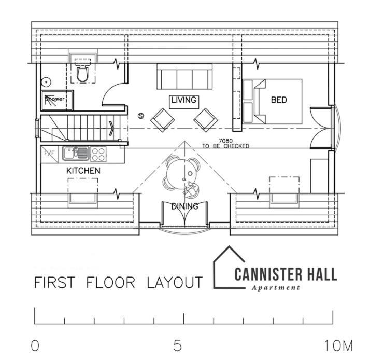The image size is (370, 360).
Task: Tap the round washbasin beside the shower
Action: pyautogui.click(x=46, y=82)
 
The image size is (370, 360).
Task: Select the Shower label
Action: pyautogui.click(x=55, y=99)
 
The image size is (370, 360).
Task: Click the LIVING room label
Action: pyautogui.click(x=184, y=100)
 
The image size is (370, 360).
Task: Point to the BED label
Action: pyautogui.click(x=279, y=100)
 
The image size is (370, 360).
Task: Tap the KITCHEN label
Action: pyautogui.click(x=83, y=171)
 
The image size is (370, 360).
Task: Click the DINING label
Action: pyautogui.click(x=185, y=206)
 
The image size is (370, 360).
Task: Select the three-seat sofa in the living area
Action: pyautogui.click(x=185, y=76)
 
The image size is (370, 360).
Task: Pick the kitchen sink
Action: pyautogui.click(x=76, y=154)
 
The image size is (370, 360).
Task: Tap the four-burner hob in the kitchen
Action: pyautogui.click(x=98, y=154)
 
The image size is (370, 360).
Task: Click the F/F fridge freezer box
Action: pyautogui.click(x=50, y=154)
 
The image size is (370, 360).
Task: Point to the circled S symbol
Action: pyautogui.click(x=141, y=116)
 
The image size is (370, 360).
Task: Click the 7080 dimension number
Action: pyautogui.click(x=225, y=141)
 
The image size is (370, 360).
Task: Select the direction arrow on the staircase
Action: pyautogui.click(x=111, y=129)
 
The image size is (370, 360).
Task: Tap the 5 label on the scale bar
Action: pyautogui.click(x=177, y=345)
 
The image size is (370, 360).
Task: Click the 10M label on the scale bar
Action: pyautogui.click(x=338, y=346)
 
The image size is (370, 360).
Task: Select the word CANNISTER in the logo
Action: pyautogui.click(x=268, y=274)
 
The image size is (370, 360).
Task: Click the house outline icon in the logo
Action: pyautogui.click(x=229, y=267)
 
